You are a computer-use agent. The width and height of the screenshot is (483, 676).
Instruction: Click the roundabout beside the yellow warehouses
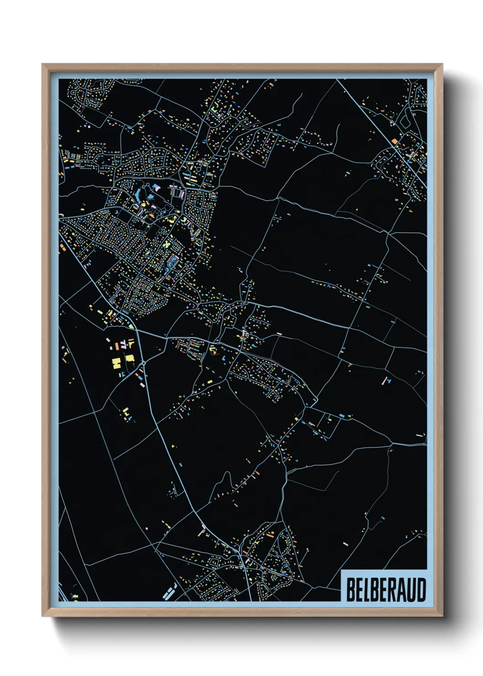[x=143, y=363]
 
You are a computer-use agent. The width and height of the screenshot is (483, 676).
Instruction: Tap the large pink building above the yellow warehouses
[x=109, y=340]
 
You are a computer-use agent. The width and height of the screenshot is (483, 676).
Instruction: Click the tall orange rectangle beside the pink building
[x=123, y=344]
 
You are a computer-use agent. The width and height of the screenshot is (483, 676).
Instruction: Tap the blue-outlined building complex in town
[x=173, y=263]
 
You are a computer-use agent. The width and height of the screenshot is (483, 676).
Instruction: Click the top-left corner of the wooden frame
[x=42, y=64]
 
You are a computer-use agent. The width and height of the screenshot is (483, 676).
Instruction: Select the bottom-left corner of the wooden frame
[x=42, y=616]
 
